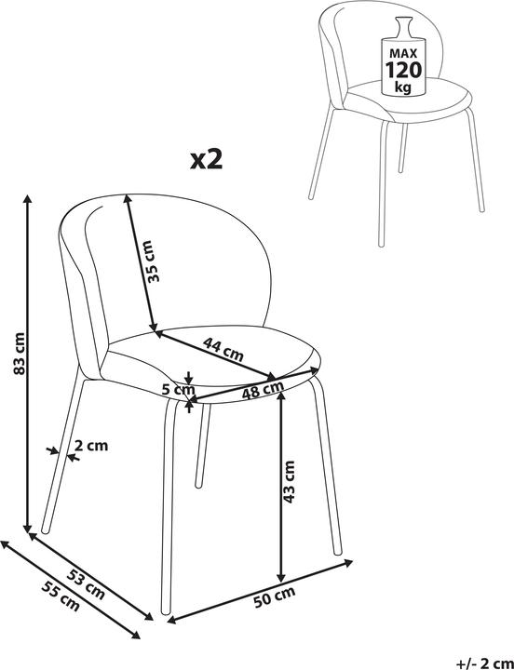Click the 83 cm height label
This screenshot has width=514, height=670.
coord(19,353)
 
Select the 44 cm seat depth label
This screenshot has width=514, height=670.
coord(223,350)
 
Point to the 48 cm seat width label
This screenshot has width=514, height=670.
coord(263,390)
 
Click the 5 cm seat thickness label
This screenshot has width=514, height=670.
coord(178,390)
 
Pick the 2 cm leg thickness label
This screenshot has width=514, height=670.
coord(91,446)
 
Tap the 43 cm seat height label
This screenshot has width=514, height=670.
coord(290,482)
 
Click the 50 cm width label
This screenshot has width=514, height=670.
coord(274,596)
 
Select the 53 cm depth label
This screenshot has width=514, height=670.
coord(85,583)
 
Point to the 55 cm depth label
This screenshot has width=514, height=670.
coord(61,596)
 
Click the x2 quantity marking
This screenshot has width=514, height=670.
coord(206,160)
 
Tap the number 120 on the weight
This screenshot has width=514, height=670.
coord(404,70)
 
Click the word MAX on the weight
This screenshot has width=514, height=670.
coord(403,54)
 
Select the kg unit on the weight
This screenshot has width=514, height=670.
coord(403,87)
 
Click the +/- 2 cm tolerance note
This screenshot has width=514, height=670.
coord(485,663)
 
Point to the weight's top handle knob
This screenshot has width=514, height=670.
coord(403,20)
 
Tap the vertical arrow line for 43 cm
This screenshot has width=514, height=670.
coord(280,487)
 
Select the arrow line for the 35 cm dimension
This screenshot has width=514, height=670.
coord(141,262)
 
